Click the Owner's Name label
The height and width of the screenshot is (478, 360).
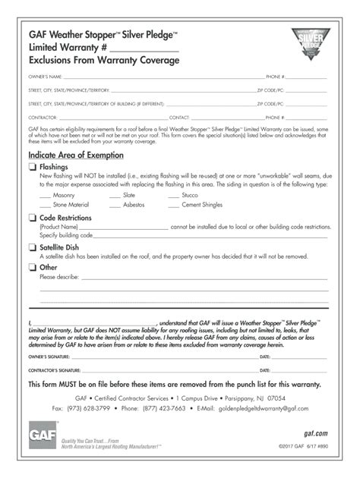click(x=45, y=77)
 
